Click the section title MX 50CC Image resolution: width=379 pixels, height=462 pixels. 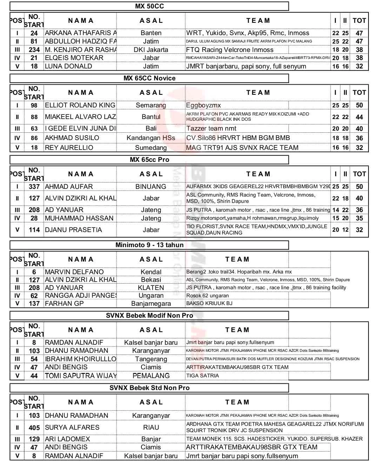click(x=149, y=6)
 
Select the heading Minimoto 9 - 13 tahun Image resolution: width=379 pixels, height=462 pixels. click(x=149, y=245)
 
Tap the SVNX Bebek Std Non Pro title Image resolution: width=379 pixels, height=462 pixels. click(x=149, y=388)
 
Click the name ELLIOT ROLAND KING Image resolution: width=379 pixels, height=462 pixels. click(x=80, y=105)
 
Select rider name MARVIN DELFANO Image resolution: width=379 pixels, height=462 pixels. click(x=74, y=272)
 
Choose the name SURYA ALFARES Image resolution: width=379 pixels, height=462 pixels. click(x=72, y=428)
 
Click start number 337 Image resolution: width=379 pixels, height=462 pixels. click(x=34, y=187)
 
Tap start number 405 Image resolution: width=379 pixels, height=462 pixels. click(x=34, y=428)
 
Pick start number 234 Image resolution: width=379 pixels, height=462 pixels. click(x=34, y=50)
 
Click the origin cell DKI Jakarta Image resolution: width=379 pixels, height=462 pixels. click(x=151, y=50)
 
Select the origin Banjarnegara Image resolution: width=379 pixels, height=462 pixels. click(x=151, y=304)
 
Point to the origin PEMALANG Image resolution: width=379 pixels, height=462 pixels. click(x=151, y=376)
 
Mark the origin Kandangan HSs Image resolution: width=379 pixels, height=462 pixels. click(x=151, y=138)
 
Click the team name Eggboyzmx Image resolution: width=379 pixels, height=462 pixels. click(x=204, y=105)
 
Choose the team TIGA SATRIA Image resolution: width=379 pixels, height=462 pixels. click(x=202, y=376)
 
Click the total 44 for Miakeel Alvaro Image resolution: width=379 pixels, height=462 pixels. click(x=359, y=117)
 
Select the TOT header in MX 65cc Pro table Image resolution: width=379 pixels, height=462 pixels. click(x=359, y=174)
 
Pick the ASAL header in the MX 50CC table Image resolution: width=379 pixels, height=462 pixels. click(x=151, y=21)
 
